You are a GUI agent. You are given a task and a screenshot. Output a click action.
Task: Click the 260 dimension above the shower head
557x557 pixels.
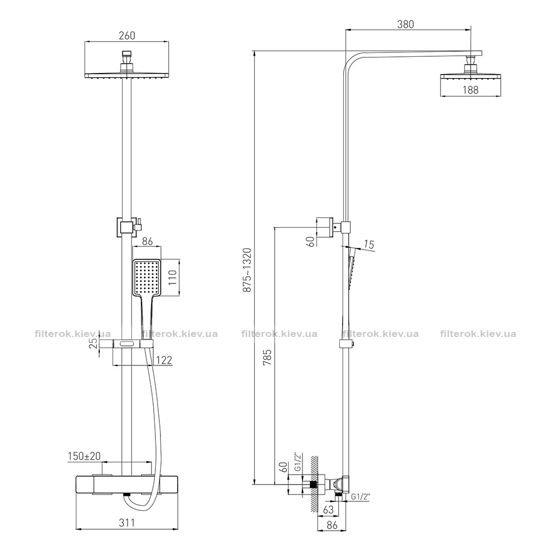(127, 36)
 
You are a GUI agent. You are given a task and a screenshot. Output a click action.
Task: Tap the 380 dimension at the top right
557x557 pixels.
(405, 24)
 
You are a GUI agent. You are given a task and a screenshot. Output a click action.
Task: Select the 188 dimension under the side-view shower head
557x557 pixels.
(470, 90)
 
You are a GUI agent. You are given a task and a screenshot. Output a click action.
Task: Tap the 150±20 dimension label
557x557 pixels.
(84, 456)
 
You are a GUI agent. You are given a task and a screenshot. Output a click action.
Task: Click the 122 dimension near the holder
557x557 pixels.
(164, 360)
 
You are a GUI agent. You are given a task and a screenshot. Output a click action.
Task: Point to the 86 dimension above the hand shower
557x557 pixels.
(147, 242)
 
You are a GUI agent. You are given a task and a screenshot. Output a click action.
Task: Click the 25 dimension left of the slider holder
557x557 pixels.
(94, 343)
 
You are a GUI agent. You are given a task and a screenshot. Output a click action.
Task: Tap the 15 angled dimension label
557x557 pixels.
(369, 245)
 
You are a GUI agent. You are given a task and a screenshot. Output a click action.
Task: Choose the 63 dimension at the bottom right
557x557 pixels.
(329, 510)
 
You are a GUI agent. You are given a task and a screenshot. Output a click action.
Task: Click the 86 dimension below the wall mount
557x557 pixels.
(332, 525)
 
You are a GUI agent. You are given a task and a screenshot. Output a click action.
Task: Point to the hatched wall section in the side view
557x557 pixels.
(313, 485)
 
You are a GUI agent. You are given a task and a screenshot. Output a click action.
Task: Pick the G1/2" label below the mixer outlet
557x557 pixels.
(360, 497)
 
